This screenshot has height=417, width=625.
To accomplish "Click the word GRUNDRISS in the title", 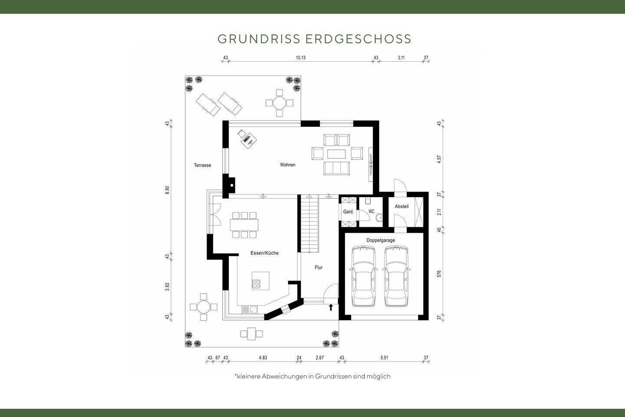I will point(259,39).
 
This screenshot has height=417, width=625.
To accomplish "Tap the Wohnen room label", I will point(287,165).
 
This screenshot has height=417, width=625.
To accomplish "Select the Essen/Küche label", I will point(264,253).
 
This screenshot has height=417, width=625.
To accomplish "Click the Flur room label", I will point(319,268).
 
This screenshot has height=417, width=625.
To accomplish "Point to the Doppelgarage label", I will point(381,240).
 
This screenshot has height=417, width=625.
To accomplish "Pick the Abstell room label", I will point(401,206).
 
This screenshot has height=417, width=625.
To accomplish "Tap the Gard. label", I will point(348,212).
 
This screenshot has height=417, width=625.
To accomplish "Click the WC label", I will point(371,212).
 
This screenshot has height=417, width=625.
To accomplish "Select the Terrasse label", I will point(202,165).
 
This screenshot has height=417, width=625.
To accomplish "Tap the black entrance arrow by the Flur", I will point(331,308).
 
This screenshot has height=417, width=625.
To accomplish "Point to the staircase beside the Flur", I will point(309,223).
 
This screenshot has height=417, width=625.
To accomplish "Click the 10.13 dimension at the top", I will point(301,57).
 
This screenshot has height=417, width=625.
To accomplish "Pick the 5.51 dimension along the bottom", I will point(384,358).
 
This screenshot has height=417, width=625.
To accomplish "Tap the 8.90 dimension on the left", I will point(167,190).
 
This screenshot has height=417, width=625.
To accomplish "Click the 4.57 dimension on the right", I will point(439,159).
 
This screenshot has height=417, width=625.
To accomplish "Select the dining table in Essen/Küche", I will point(244,225).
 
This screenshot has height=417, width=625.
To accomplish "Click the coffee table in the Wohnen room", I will point(337,154).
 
